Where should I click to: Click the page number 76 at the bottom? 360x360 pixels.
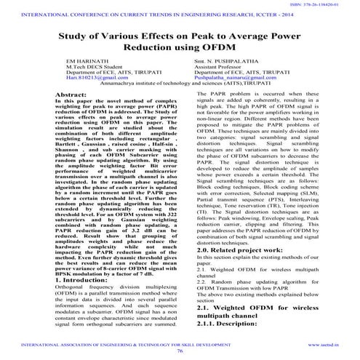180,350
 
